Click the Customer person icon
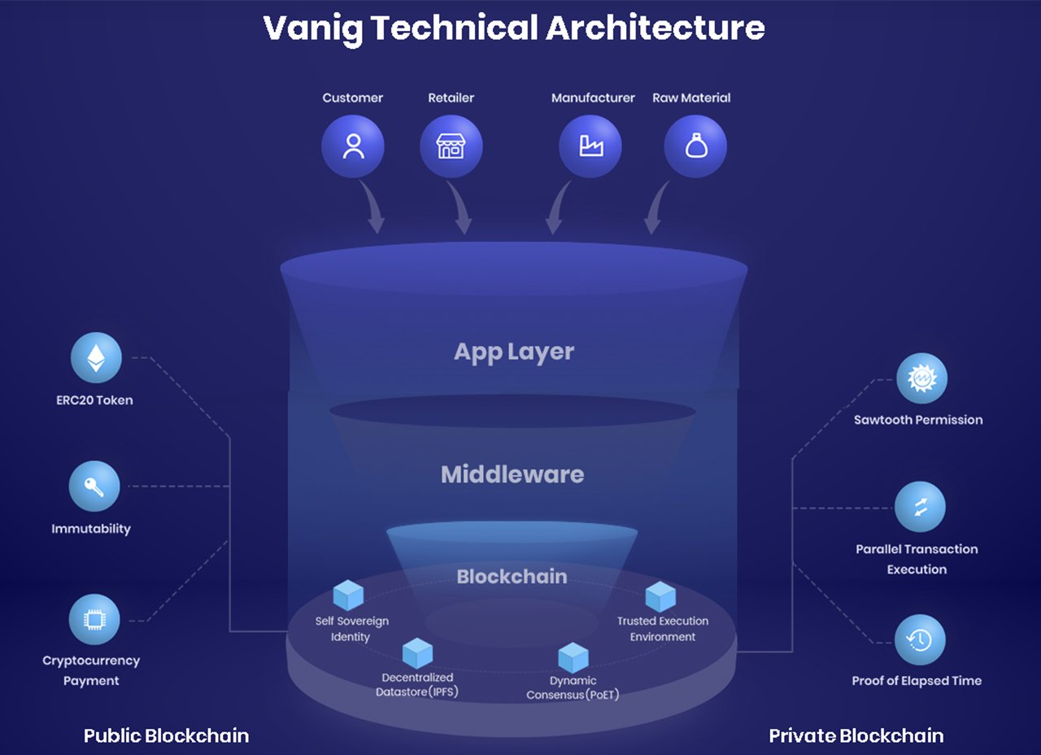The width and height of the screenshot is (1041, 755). point(353,146)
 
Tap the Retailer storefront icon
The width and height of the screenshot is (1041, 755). point(451,146)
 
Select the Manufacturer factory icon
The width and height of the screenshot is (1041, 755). point(590,146)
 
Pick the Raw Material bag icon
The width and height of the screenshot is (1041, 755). point(695,146)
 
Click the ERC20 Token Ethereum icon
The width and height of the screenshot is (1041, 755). point(96,358)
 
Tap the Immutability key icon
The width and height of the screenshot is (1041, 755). point(94,487)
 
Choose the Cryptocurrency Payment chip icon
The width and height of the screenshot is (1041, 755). point(94,620)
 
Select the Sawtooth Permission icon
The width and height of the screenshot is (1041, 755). point(921,378)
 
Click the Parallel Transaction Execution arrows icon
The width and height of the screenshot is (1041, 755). point(920,507)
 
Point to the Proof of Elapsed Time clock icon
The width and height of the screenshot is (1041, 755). point(920,640)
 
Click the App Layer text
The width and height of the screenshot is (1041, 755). point(514,352)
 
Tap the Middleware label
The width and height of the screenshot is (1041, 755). point(512,474)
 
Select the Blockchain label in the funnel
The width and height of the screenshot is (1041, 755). point(512,577)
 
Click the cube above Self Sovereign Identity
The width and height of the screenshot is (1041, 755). point(348,596)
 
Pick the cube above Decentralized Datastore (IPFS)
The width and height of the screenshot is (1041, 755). point(417,653)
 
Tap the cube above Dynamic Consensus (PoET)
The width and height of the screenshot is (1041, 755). point(573,657)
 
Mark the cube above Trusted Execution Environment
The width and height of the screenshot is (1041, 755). point(660,597)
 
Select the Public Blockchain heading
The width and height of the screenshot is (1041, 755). point(166,736)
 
